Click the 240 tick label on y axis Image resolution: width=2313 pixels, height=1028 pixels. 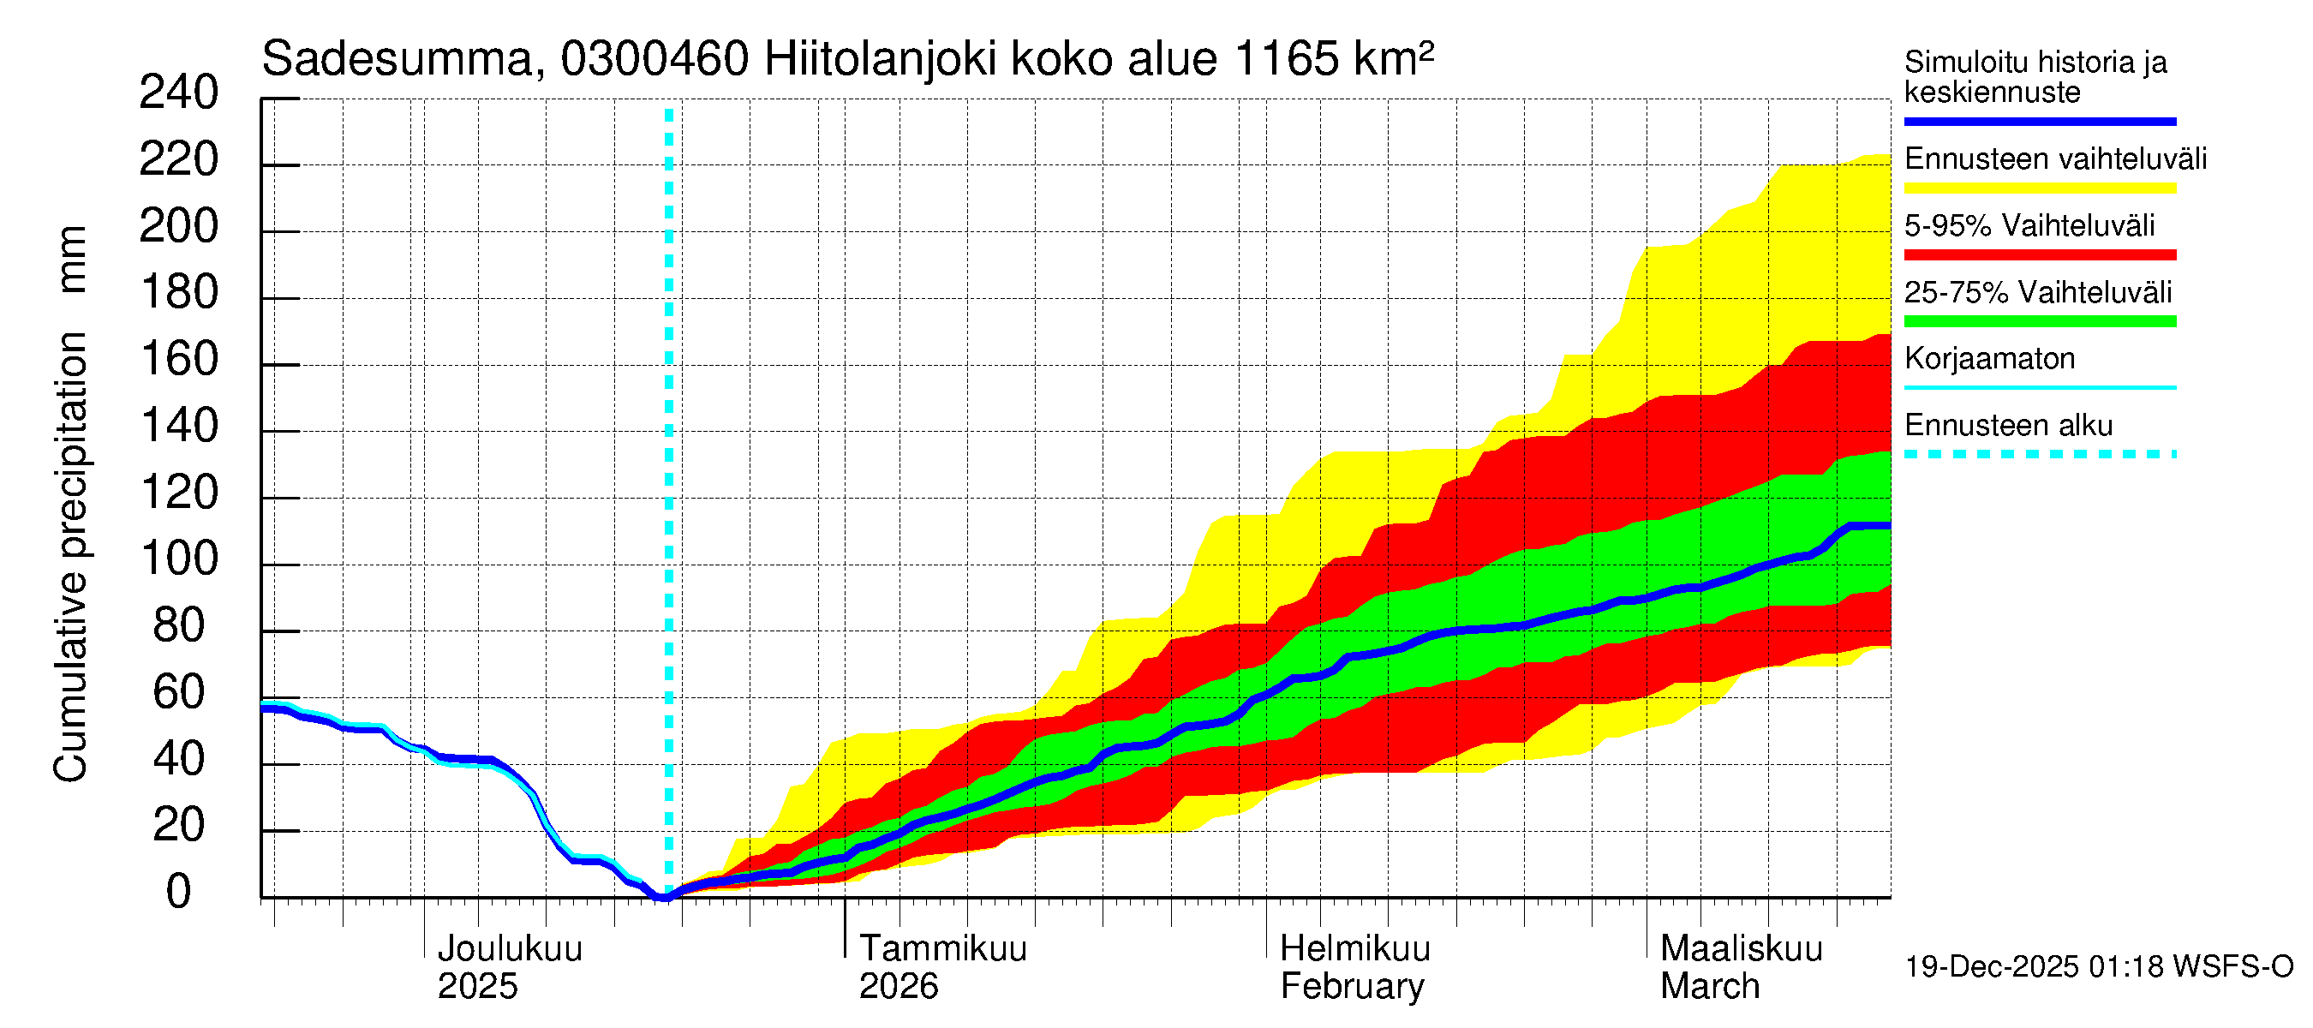[178, 93]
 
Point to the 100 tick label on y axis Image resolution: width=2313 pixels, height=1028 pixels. [180, 559]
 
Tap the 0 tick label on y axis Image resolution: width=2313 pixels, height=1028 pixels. [179, 893]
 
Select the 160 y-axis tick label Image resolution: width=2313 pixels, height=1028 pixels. [180, 360]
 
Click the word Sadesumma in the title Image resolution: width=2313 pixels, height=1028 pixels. [397, 60]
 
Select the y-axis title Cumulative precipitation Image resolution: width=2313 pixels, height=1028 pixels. [71, 557]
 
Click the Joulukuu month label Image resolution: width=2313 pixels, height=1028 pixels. [509, 949]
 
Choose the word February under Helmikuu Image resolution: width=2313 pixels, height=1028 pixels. [1351, 987]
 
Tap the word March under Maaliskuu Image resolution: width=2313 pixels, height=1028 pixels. [1710, 987]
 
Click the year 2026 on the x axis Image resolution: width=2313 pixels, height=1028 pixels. [898, 987]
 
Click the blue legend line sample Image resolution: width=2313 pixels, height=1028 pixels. [2039, 121]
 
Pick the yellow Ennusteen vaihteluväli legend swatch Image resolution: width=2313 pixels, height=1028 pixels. [2039, 188]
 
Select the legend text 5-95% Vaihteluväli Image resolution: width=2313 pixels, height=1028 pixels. [2029, 225]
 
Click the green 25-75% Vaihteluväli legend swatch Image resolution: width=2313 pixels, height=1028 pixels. [2039, 321]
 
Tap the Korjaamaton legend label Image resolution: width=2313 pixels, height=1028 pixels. [1989, 359]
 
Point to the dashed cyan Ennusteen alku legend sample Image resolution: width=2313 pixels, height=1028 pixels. [2039, 454]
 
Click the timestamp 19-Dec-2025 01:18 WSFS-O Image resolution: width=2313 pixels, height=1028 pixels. [2098, 967]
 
